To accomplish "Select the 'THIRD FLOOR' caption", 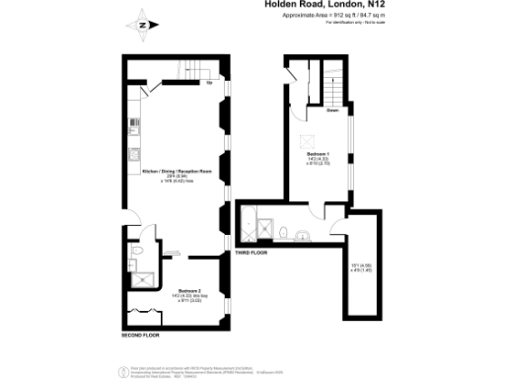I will [251, 255].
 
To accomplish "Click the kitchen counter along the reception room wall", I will [130, 158].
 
